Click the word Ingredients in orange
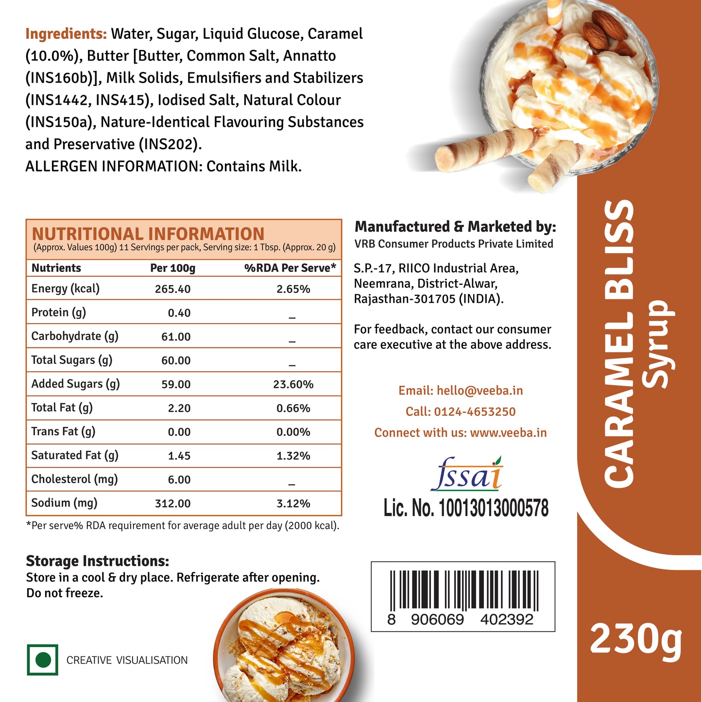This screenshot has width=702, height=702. click(x=66, y=34)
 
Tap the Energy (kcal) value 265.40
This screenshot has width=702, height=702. click(x=172, y=289)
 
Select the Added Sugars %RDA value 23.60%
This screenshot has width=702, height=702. click(x=293, y=384)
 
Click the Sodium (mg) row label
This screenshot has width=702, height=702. click(x=64, y=503)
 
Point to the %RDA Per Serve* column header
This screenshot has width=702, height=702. click(x=290, y=268)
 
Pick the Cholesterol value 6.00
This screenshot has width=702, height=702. click(x=179, y=479)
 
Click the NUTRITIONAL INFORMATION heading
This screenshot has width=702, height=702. click(x=148, y=234)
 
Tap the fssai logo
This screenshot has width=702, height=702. click(x=466, y=474)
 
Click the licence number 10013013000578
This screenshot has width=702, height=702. click(x=494, y=508)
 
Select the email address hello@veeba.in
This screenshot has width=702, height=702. click(x=479, y=391)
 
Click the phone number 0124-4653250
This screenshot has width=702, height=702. click(x=475, y=411)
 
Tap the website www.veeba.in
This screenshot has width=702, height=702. click(x=508, y=432)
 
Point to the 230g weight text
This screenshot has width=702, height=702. click(x=636, y=640)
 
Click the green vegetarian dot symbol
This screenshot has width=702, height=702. click(x=43, y=660)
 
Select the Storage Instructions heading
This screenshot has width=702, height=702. click(x=97, y=561)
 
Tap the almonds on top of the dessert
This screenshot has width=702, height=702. click(x=605, y=29)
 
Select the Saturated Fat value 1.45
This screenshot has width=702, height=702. click(x=179, y=456)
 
